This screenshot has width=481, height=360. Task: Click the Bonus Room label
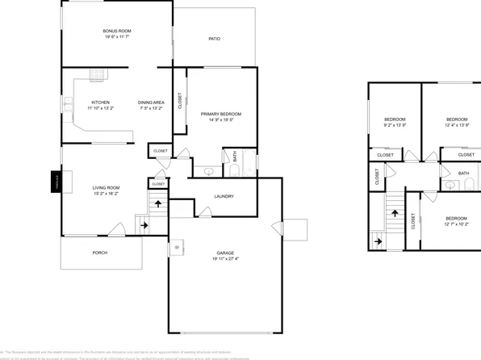coord(117,31)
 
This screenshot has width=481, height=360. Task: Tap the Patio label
coord(215,39)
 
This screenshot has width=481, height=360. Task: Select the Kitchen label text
coord(100,103)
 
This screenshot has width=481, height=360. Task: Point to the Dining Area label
coord(151,103)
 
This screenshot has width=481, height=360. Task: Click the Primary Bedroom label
coord(220,114)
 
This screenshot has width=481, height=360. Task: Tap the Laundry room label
coord(224,196)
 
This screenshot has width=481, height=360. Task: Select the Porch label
coord(99,253)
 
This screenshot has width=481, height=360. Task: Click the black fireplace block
coord(56,182)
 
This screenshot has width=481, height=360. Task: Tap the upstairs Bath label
coord(463,174)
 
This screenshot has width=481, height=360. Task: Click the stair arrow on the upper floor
coord(395,214)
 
